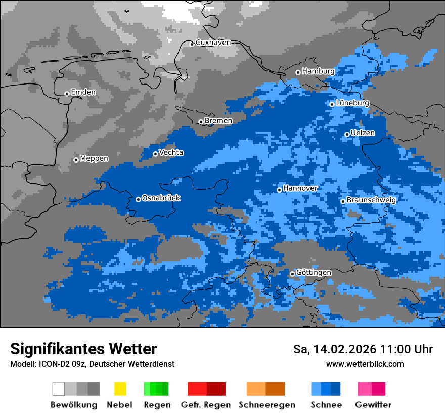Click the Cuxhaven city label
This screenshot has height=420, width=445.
tap(213, 43)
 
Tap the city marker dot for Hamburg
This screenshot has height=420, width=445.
tap(298, 72)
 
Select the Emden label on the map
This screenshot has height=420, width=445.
tap(83, 92)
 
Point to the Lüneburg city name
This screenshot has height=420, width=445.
tap(352, 103)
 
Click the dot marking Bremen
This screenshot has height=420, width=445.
tap(201, 122)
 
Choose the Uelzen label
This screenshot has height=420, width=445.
tap(363, 133)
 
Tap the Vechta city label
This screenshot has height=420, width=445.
tap(171, 152)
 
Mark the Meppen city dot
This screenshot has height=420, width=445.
tap(76, 160)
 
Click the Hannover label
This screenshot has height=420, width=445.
tap(300, 188)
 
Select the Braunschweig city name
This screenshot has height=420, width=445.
tap(371, 200)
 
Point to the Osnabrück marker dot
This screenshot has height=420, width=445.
tap(138, 199)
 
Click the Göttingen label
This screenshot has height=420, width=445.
tap(314, 273)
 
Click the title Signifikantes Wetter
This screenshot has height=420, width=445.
tap(83, 349)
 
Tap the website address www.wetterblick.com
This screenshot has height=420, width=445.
tap(365, 364)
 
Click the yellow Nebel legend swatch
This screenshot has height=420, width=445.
tap(120, 389)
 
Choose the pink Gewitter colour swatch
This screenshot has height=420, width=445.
tap(365, 389)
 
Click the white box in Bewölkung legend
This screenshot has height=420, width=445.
tap(59, 389)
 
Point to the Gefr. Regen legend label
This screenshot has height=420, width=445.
tap(205, 405)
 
